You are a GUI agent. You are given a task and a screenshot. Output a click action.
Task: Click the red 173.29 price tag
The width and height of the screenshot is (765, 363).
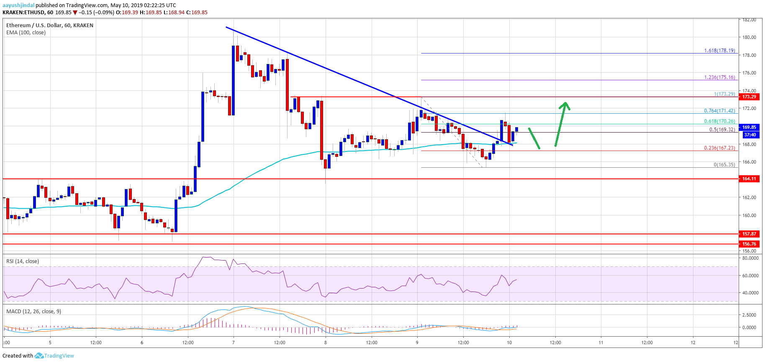coord(749,97)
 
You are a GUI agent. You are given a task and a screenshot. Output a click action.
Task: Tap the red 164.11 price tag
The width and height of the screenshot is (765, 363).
coord(749,179)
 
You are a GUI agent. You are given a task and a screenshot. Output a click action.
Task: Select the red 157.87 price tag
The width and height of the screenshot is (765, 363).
coord(749,234)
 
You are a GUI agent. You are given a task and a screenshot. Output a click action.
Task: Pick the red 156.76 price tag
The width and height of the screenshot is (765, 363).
coord(749,244)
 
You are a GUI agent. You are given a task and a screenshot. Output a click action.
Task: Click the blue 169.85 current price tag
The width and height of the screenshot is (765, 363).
coord(749,127)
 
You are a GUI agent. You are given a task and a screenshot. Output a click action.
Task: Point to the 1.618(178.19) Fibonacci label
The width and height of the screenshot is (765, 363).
coord(719,51)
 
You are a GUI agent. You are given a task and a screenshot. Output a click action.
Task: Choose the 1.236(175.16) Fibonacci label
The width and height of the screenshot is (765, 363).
coord(719,77)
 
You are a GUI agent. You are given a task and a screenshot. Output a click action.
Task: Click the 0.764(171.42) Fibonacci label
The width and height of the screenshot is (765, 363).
coord(719,111)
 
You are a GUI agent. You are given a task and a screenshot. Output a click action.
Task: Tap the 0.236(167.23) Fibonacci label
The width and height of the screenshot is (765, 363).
coord(719,148)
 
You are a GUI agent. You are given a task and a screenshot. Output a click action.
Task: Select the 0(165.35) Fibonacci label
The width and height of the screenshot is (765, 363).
coord(724,165)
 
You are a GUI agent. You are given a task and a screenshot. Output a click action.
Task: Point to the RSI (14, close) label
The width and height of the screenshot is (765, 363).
coord(23,261)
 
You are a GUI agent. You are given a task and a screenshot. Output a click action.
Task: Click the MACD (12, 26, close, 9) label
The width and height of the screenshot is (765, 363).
coord(33,312)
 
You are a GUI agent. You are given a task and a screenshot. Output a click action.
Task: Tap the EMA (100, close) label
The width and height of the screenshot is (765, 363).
coord(26,33)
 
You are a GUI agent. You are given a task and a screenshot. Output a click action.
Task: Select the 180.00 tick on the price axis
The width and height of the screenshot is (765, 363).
coord(749,37)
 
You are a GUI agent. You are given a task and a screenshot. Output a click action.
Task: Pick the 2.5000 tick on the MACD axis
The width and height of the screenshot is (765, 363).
coord(749,315)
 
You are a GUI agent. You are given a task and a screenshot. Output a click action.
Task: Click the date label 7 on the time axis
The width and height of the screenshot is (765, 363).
coord(234,343)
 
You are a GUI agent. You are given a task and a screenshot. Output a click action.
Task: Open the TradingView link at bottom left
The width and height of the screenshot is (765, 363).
coord(59,356)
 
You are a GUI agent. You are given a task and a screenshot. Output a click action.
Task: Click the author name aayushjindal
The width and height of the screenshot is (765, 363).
coord(18,5)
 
